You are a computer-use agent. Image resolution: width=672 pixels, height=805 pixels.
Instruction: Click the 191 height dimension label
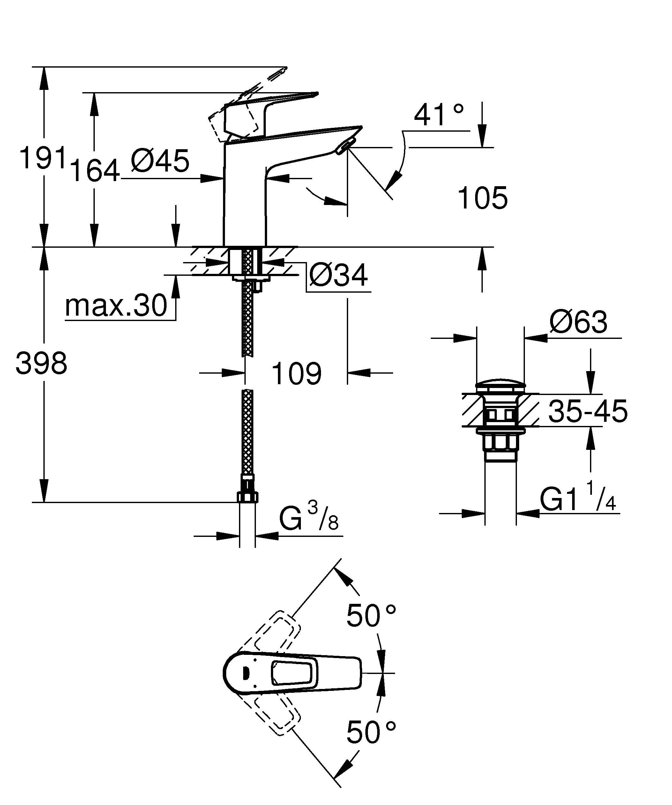[43, 158]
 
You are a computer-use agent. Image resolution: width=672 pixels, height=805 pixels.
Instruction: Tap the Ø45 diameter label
[160, 161]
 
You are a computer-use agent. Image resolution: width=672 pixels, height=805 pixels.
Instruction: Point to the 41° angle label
[439, 115]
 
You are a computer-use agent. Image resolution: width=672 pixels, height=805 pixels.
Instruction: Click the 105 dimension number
[482, 199]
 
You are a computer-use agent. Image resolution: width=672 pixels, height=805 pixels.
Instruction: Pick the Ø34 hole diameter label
[338, 275]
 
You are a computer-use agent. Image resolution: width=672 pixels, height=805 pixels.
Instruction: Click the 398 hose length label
[41, 363]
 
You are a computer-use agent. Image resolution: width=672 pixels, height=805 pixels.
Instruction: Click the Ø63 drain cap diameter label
[579, 322]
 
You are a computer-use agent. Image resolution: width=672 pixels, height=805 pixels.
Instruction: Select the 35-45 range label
[588, 411]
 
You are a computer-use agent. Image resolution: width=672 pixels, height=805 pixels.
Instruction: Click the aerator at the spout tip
[343, 147]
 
